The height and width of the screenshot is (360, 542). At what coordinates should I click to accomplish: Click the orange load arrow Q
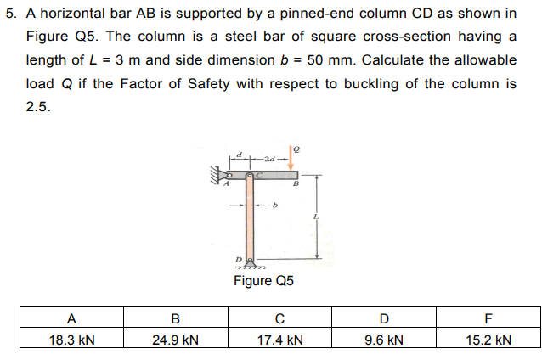tap(291, 158)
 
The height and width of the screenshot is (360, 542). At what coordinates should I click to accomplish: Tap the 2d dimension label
tap(269, 160)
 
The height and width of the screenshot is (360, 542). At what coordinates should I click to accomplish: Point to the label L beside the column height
tap(316, 217)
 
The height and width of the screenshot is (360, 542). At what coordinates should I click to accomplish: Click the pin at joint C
tap(249, 176)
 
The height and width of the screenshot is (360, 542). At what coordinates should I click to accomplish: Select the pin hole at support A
tap(229, 175)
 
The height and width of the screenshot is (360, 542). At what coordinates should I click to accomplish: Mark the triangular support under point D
tap(250, 263)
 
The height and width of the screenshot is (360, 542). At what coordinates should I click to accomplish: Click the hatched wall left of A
tap(215, 174)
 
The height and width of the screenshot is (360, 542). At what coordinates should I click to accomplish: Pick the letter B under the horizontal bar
tap(296, 183)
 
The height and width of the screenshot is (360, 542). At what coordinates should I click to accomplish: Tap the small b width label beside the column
tap(275, 205)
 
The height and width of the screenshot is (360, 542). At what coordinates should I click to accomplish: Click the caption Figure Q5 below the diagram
tap(263, 280)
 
